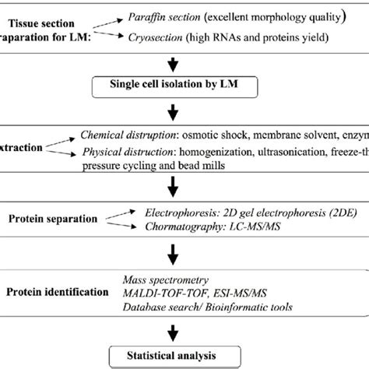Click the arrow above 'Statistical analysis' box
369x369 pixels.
pyautogui.click(x=185, y=330)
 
